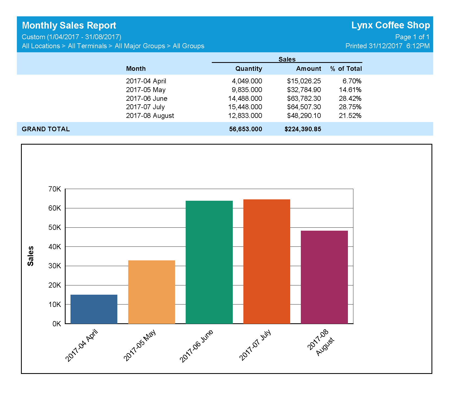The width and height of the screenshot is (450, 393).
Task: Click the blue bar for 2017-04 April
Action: point(94,309)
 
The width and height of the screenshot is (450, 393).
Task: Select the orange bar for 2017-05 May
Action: point(151,292)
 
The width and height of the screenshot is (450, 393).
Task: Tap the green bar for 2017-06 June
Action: point(209,262)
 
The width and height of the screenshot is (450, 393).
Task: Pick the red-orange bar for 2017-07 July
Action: point(267,261)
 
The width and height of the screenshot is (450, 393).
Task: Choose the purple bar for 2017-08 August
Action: point(324,277)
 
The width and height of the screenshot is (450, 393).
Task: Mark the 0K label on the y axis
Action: point(57,324)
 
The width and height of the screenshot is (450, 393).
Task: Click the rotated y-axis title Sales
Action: point(30,256)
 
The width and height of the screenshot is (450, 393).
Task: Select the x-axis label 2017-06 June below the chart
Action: point(196,346)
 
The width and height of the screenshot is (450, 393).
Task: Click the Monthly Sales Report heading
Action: point(69,25)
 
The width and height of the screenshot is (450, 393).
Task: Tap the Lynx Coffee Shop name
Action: point(390,25)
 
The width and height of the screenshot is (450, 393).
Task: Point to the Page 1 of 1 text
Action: point(412,37)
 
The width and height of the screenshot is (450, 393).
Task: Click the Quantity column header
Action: point(249,69)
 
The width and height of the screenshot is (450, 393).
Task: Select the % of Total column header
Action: point(346,69)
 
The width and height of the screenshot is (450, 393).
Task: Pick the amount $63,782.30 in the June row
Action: point(304,98)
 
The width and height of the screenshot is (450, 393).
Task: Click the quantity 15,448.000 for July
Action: point(245,107)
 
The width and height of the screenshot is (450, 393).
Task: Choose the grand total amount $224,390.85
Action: point(303,129)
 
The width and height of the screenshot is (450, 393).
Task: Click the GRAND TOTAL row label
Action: point(46,129)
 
